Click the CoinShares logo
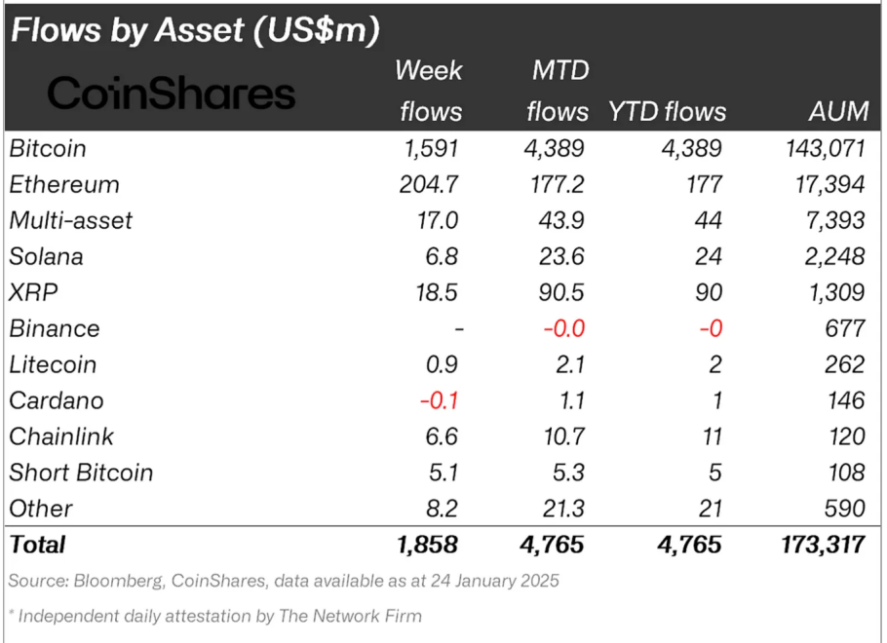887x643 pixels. (171, 94)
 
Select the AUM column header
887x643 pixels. (837, 111)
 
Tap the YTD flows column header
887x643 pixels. (668, 111)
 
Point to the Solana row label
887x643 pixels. (46, 257)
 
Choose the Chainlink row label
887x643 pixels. (61, 436)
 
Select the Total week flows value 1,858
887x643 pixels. (427, 544)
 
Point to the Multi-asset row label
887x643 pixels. (70, 221)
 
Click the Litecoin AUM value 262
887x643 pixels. (843, 365)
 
